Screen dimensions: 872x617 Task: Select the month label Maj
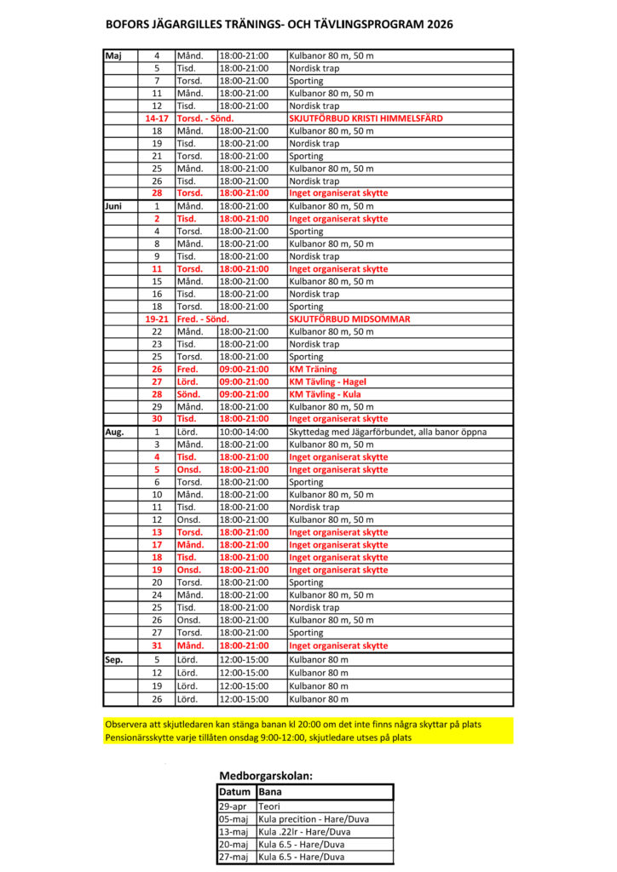(113, 55)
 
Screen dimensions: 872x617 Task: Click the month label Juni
(114, 206)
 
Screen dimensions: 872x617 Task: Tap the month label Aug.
(114, 432)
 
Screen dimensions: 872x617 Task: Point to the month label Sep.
(114, 659)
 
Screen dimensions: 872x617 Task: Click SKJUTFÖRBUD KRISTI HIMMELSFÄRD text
(366, 118)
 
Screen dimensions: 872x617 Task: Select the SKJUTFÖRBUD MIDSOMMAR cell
(349, 319)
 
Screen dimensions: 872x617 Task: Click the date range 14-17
(156, 118)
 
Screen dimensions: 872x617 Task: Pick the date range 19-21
(156, 319)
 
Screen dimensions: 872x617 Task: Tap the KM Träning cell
(313, 370)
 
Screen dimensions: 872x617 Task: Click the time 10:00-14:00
(244, 432)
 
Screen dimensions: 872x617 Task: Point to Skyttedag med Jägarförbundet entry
(388, 432)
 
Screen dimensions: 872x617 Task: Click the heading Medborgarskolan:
(266, 777)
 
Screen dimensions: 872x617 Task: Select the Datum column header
(235, 792)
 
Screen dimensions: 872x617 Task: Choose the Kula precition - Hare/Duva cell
(314, 819)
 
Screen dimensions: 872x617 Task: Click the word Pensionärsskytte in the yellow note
(141, 737)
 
